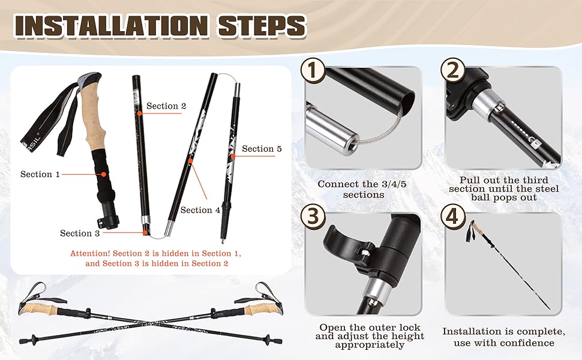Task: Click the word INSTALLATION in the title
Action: [x=110, y=26]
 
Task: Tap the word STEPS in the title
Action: [x=262, y=26]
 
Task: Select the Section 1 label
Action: [x=40, y=174]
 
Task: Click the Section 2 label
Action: [x=166, y=106]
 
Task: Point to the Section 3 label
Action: [x=80, y=233]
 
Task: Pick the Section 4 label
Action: [x=200, y=210]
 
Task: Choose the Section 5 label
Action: [x=262, y=148]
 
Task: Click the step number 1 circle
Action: [x=313, y=70]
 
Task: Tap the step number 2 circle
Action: [x=453, y=70]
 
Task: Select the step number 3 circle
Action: [x=313, y=216]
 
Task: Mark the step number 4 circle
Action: [x=453, y=216]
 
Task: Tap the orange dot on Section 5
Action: [x=233, y=156]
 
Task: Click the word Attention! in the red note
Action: [x=90, y=253]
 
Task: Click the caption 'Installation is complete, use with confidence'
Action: [x=503, y=337]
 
